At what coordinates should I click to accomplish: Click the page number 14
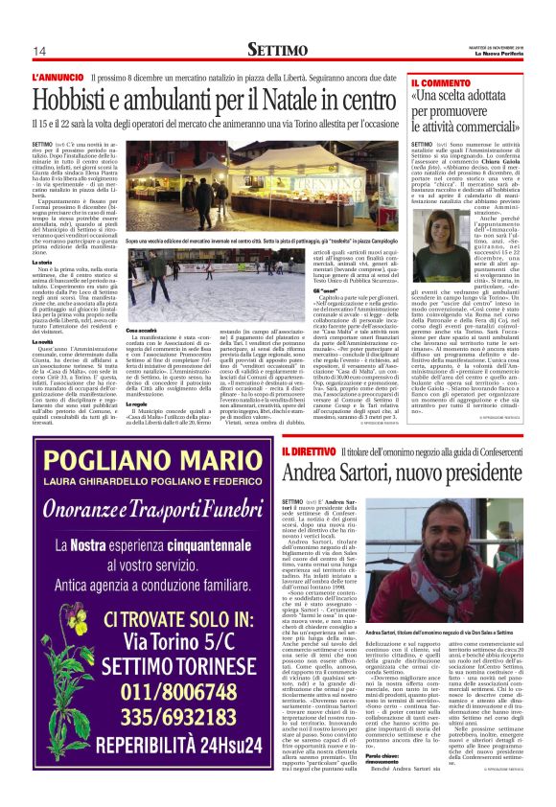coord(39,51)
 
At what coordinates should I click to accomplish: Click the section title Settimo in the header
coord(277,49)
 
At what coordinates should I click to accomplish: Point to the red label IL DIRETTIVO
coord(308,452)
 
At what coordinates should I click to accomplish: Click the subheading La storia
coord(46,262)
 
